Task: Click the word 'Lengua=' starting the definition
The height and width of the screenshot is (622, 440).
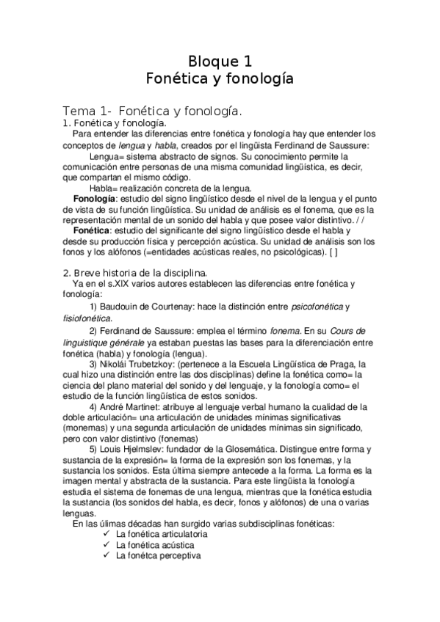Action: coord(108,157)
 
